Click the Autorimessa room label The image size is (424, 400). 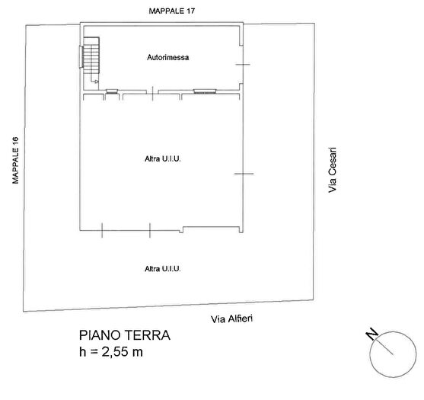169,58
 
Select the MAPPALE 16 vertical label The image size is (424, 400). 14,161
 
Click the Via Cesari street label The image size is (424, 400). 332,170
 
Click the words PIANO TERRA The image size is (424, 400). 125,335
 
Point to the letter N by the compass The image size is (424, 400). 370,334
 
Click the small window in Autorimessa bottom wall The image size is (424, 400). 112,91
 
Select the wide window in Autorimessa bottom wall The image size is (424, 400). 206,91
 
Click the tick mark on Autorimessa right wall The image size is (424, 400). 243,64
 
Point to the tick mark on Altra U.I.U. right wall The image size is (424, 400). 243,174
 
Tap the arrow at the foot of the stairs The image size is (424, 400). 96,81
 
